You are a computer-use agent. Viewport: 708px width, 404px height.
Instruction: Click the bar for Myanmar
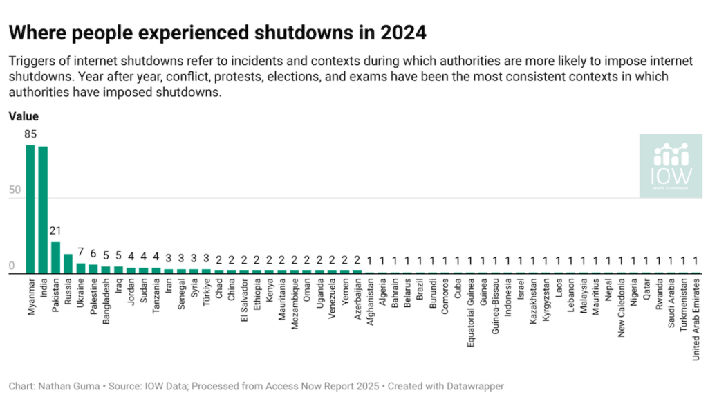tap(30, 209)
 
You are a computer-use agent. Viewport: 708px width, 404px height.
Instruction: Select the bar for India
tap(43, 210)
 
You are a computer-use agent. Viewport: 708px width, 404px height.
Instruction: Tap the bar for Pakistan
tap(55, 257)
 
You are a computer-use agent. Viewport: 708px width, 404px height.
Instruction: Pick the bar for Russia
tap(68, 264)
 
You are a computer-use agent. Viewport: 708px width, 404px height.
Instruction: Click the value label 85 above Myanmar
tap(30, 134)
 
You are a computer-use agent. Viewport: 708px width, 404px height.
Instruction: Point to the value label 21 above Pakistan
tap(55, 230)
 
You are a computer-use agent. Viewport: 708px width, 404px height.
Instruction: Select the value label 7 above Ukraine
tap(80, 252)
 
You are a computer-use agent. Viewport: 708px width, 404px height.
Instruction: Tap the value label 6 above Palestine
tap(93, 253)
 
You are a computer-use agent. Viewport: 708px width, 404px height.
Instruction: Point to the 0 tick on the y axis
tap(11, 266)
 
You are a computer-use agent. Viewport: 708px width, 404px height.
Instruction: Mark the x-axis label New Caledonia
tap(621, 307)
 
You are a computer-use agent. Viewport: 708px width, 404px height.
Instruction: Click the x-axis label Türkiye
tap(206, 293)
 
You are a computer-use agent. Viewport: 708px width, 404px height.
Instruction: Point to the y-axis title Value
tap(23, 117)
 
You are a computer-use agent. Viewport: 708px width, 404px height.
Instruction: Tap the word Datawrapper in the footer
tap(477, 386)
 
